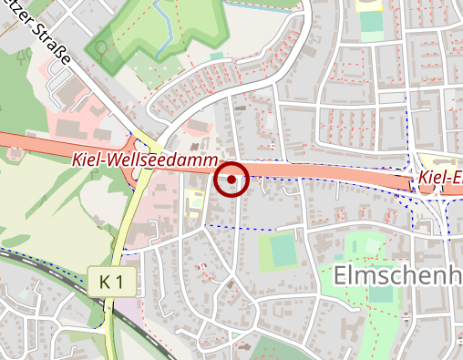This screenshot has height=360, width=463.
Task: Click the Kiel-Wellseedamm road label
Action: coord(142,159)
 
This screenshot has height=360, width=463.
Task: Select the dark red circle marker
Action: coord(232,180)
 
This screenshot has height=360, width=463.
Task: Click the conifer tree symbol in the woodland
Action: coord(24,57)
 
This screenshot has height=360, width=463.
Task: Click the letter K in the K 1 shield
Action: coord(106,283)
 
